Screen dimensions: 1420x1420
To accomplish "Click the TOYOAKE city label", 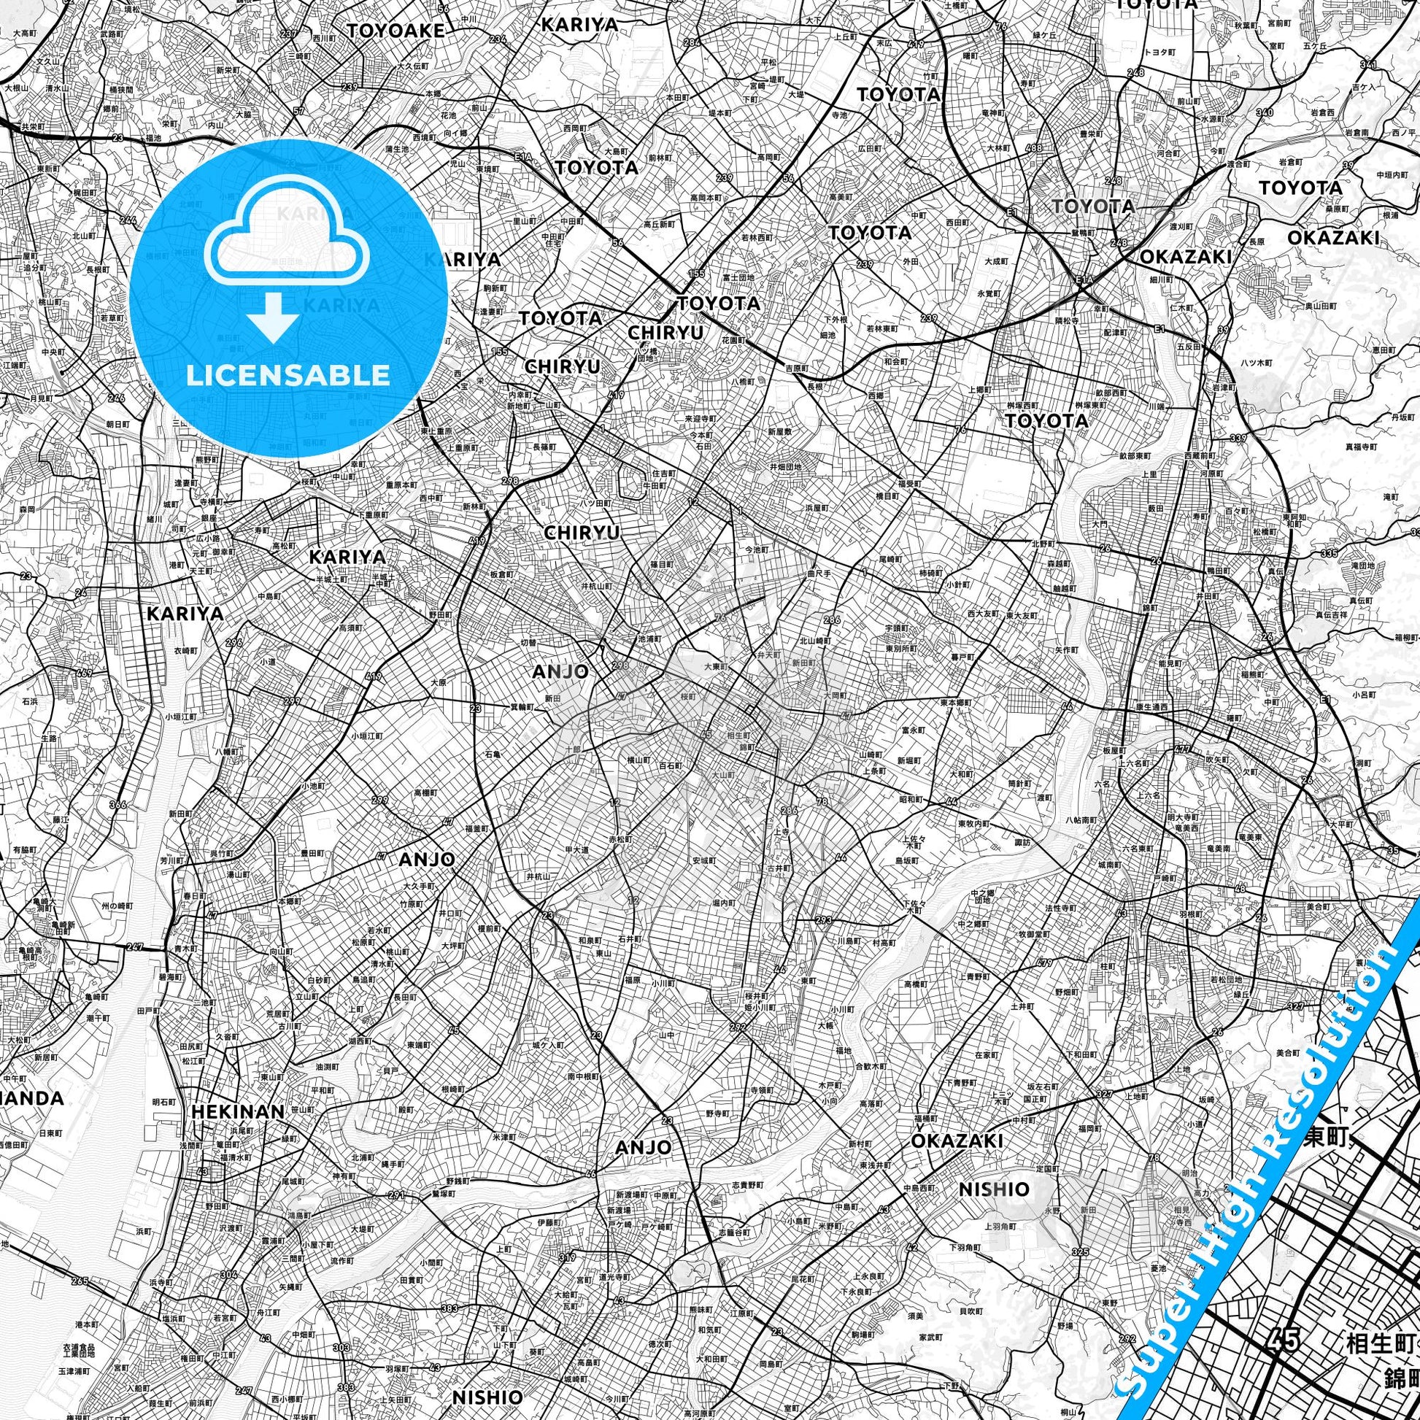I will (x=396, y=30).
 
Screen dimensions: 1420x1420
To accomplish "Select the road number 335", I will (x=1329, y=552).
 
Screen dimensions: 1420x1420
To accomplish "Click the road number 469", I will (x=84, y=673).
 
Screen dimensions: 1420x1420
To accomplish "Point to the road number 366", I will (x=117, y=804).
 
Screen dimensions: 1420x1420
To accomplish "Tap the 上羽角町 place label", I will (x=1000, y=1225).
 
